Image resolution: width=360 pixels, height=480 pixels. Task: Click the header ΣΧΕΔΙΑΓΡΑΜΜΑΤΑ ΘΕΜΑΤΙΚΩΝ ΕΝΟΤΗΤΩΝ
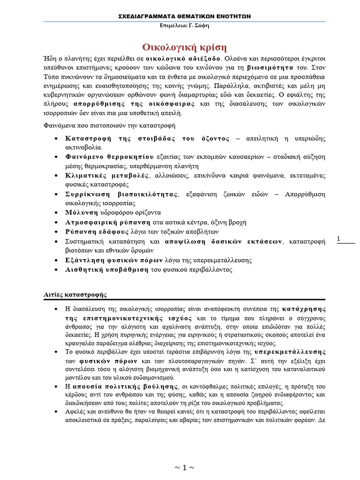point(184,16)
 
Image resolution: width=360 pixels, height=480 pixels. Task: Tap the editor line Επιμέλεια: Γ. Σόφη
point(184,25)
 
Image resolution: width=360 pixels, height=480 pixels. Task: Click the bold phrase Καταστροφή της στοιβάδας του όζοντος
point(148,139)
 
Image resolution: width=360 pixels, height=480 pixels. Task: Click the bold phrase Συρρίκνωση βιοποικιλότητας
point(122,194)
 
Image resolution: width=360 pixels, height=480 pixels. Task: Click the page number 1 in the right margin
point(338,240)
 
